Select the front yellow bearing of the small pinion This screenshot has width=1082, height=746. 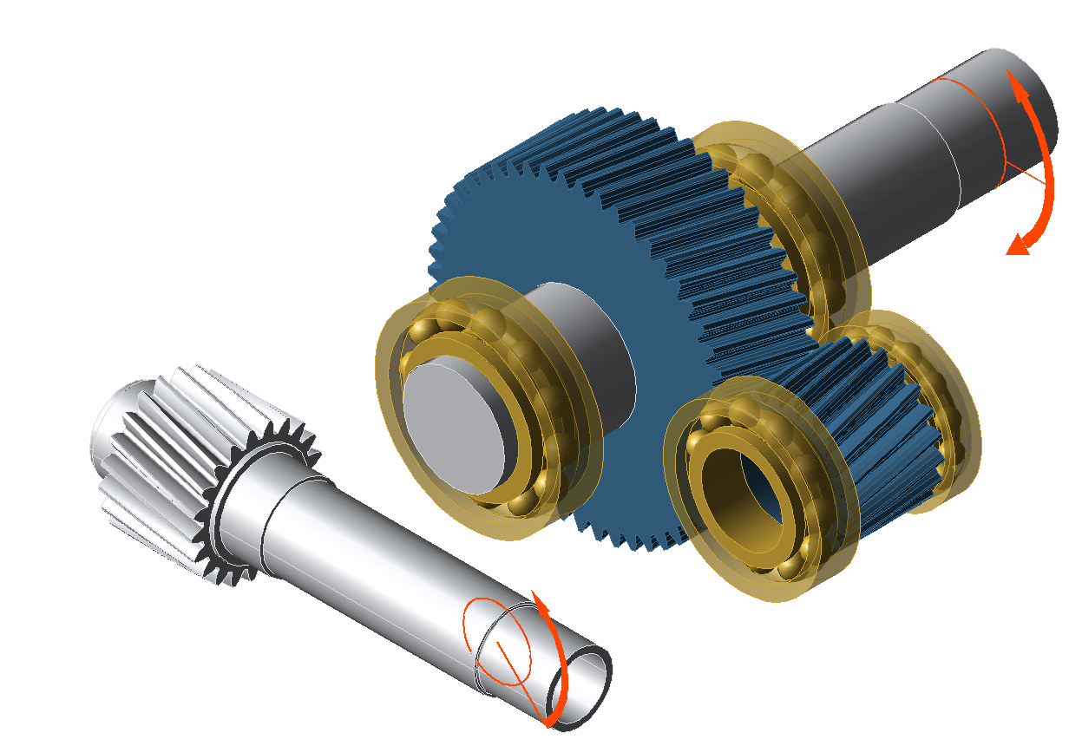[694, 520]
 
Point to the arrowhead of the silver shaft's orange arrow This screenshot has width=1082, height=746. [540, 603]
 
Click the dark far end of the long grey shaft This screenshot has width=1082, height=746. [1037, 108]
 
